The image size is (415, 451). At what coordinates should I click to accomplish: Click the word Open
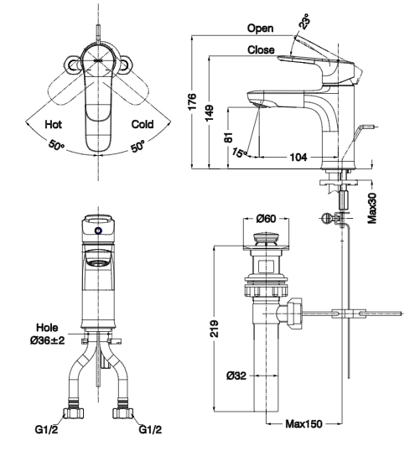[260, 29]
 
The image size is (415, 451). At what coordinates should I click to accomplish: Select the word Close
[261, 49]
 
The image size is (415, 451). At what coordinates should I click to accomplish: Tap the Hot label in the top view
[54, 124]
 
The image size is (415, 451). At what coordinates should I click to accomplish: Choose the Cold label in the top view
[143, 124]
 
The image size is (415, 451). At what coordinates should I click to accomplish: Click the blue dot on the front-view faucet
[99, 231]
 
